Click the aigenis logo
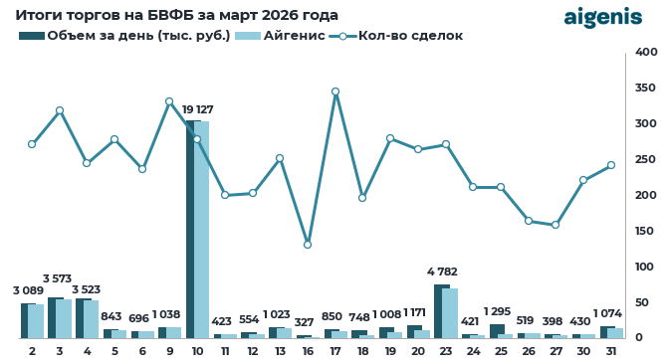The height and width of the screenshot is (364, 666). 603,17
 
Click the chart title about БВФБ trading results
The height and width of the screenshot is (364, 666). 176,15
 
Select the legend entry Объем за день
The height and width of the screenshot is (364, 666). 124,36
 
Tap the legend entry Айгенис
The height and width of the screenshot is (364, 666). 289,36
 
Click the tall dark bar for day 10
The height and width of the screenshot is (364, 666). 193,229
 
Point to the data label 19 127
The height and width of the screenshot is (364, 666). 197,109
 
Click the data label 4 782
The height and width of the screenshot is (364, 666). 445,272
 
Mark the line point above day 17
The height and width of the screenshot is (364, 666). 335,91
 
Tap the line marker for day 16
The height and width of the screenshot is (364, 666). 308,245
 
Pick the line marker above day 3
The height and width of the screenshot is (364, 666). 60,110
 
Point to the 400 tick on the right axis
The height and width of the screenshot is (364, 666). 646,52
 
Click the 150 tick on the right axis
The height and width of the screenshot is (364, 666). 646,231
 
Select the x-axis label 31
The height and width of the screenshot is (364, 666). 611,351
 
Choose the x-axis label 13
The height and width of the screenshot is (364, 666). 280,351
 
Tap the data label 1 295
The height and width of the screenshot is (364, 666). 500,312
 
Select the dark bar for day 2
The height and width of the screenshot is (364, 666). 28,320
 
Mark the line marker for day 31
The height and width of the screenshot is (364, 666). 611,165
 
